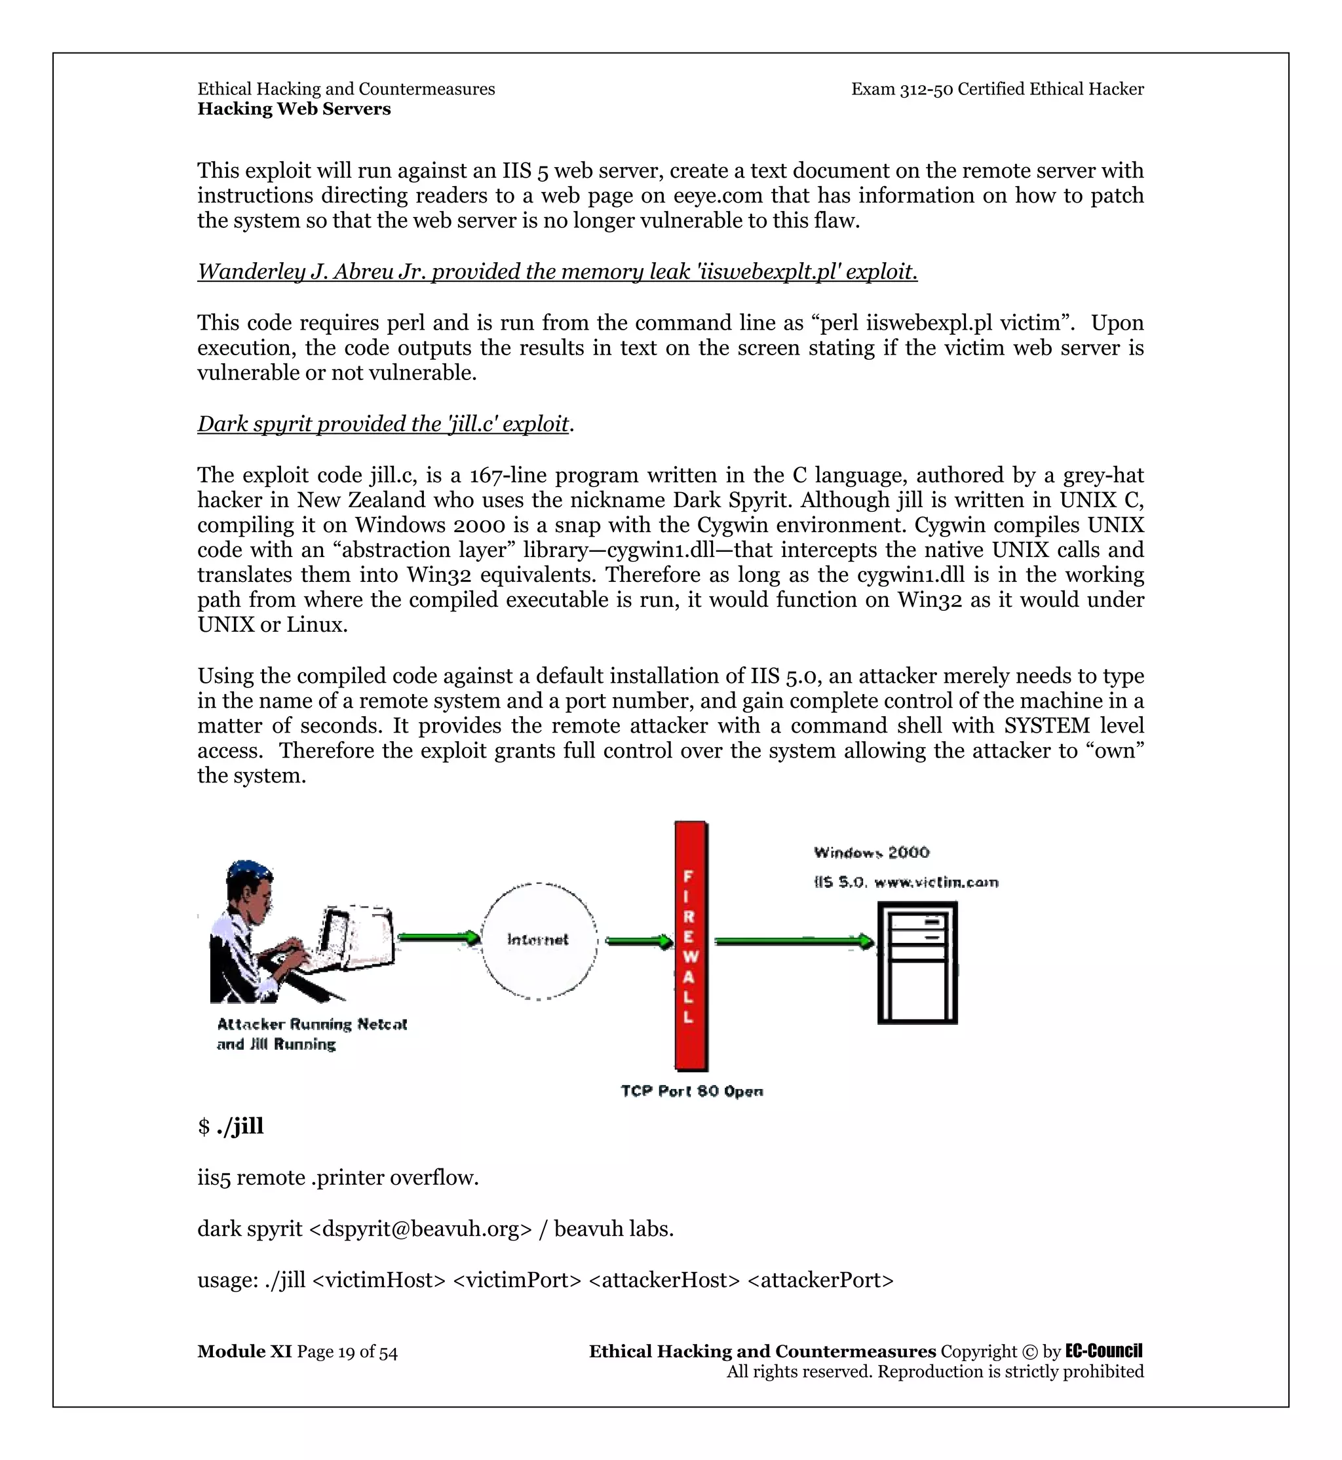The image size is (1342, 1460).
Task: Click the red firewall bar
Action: pos(691,945)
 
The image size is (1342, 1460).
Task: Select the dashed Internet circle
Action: pos(539,940)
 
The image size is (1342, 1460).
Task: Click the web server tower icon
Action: pos(917,963)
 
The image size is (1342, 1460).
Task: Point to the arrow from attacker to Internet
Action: pos(438,937)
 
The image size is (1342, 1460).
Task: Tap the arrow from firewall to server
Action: pos(794,942)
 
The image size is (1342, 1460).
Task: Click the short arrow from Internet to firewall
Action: pos(639,942)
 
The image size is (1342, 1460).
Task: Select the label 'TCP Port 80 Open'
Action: pos(691,1091)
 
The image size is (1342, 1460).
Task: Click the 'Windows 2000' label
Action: pos(872,852)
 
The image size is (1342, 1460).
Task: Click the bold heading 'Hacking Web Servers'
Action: pos(294,109)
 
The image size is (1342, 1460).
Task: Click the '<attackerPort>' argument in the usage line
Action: pos(820,1280)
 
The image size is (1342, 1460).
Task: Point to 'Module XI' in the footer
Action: pos(244,1352)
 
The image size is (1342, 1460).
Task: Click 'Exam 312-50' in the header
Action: pos(901,89)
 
